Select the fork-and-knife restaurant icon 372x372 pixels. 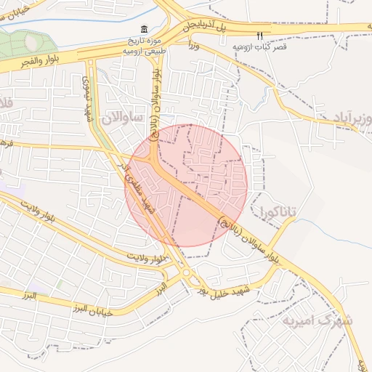pos(259,35)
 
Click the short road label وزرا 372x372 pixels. pos(193,45)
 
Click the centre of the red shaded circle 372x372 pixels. pos(187,185)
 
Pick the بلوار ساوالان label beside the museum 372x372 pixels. pos(161,91)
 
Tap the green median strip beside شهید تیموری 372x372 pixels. pos(92,80)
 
